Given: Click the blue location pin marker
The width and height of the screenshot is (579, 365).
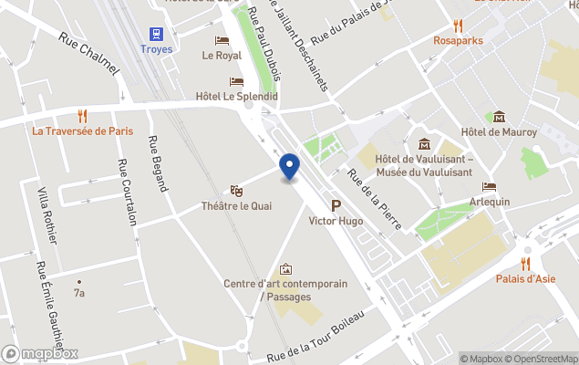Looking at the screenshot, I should coord(289,167).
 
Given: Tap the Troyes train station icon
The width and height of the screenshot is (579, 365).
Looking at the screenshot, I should coord(158,33).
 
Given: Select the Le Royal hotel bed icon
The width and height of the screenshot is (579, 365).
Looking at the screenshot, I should coord(222,40).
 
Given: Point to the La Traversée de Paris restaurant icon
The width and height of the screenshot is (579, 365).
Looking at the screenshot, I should coord(82,116).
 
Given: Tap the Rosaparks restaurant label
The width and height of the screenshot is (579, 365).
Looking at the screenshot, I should coord(458,40).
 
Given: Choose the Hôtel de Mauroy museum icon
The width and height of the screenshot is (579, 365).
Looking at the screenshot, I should coord(499,117).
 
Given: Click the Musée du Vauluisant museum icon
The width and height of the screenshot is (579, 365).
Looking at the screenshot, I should coord(424,144).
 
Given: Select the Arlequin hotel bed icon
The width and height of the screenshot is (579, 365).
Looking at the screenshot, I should coord(490,187).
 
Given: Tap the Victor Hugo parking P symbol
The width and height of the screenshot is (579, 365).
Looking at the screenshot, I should coord(336,205).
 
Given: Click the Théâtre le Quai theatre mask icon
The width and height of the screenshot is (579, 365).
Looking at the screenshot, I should coord(237,191).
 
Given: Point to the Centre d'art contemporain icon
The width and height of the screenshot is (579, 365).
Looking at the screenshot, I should coord(285,269).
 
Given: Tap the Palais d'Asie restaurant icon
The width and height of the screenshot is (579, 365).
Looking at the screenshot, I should coord(525,264).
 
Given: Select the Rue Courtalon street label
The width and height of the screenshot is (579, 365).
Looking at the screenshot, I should coord(127,193).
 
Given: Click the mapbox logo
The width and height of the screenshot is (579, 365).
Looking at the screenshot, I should coord(40,353).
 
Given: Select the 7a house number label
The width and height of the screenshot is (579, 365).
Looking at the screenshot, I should coord(79,293).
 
